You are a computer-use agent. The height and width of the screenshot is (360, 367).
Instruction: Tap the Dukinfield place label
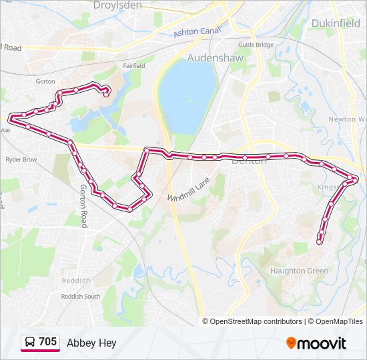coord(336,23)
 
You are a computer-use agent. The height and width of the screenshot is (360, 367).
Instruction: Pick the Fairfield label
coord(134,66)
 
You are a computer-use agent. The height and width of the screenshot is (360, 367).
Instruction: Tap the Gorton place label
coord(45,81)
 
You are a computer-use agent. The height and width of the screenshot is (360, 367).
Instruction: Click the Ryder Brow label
coord(21,160)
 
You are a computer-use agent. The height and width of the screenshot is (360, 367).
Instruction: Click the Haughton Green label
coord(299,271)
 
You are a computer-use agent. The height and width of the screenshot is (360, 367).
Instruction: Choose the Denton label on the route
coord(249,161)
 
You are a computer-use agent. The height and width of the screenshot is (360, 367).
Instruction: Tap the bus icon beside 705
coord(30,343)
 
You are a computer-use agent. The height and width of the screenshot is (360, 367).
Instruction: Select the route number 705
coord(48,342)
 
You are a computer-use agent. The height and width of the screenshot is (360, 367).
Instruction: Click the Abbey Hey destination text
coord(91,343)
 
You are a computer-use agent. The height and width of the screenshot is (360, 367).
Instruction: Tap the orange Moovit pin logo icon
coord(292,343)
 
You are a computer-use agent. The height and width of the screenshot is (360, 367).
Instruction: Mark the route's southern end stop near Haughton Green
coord(320,242)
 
